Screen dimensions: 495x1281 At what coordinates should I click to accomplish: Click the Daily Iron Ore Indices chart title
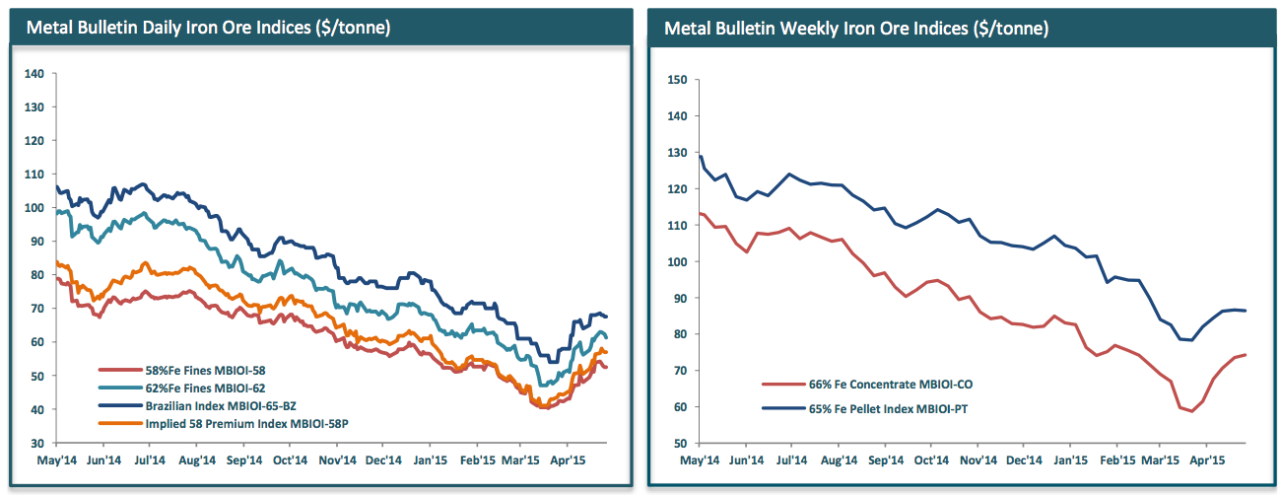(208, 28)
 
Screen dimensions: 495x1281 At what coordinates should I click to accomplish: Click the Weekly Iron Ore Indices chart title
(855, 28)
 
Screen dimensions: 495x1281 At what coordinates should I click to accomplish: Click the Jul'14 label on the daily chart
(148, 459)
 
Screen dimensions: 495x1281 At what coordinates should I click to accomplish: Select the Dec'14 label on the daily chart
(383, 459)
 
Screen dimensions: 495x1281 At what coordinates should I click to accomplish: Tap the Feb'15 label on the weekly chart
(1116, 459)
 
